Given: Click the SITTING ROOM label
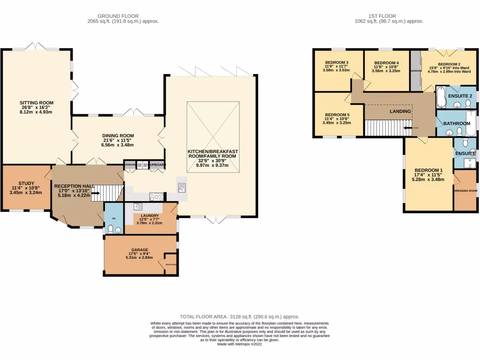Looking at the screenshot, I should click(x=36, y=103).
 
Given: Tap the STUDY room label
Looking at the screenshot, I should click(x=26, y=183).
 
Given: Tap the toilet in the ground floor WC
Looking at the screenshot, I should click(x=110, y=229).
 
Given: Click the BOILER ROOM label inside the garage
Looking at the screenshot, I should click(x=171, y=264).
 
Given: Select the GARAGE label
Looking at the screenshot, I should click(x=140, y=250).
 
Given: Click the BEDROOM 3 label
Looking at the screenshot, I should click(x=337, y=62).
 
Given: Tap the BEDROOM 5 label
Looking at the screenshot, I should click(x=337, y=115).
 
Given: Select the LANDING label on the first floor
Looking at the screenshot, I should click(x=400, y=111).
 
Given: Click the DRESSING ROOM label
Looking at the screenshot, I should click(x=465, y=191).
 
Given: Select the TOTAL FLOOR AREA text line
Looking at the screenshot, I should click(x=240, y=317).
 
